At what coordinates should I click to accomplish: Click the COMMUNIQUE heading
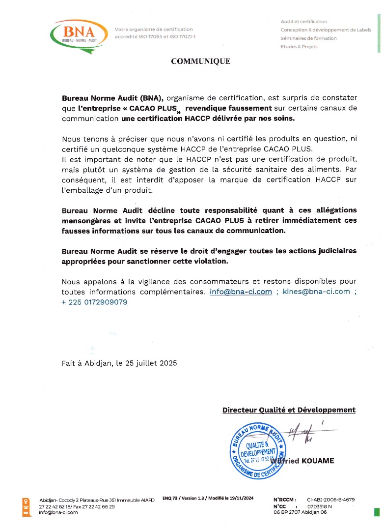coord(200,61)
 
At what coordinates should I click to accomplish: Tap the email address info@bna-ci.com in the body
coord(241,292)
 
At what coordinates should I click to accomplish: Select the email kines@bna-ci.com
coord(316,292)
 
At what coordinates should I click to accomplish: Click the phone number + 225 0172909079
coord(94,302)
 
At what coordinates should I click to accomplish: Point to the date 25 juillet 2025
coord(150,363)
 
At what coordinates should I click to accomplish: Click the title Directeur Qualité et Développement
coord(289,410)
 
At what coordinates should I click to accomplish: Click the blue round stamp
coord(258,450)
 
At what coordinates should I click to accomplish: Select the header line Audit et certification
coord(304,22)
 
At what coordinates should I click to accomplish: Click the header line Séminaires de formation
coord(308,38)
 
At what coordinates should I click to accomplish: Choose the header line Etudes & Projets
coord(299,47)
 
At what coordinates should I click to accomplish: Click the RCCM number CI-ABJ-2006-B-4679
coord(330,500)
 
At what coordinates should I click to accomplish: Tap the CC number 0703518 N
coord(319,506)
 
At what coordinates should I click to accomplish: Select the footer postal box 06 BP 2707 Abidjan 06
coord(300,512)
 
